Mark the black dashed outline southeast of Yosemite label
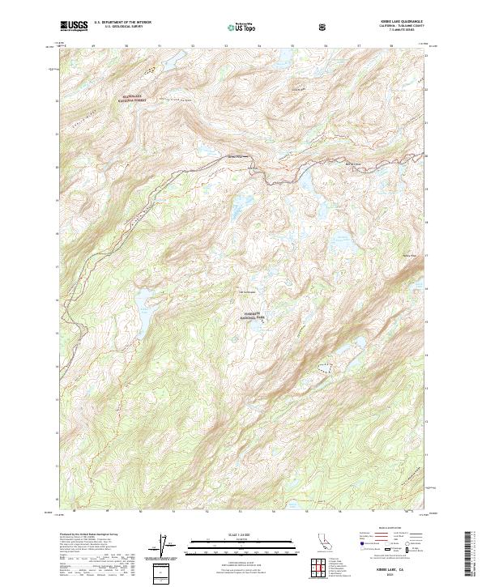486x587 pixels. point(325,368)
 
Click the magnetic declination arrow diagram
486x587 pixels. point(165,547)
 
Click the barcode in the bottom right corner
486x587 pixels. point(474,555)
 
